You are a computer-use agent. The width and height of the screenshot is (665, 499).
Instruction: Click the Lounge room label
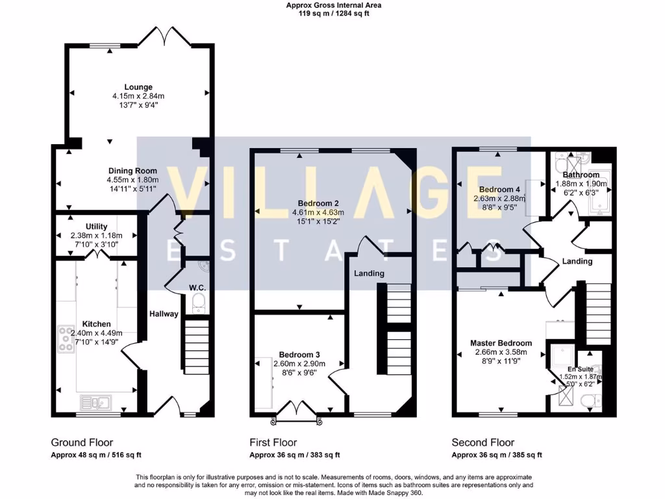[x=138, y=87]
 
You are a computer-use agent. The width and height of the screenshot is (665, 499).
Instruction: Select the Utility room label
[x=96, y=227]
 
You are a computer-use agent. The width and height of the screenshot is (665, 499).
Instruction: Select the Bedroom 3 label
[x=299, y=355]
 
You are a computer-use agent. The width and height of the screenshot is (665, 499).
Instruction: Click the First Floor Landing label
[x=369, y=274]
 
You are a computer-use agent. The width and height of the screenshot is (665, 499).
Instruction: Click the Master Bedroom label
[x=501, y=343]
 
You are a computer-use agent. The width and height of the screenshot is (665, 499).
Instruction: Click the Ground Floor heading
[x=79, y=442]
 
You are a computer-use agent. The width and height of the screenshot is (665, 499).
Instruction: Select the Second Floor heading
[x=483, y=442]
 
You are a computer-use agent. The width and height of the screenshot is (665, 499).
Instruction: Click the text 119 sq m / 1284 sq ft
[x=334, y=12]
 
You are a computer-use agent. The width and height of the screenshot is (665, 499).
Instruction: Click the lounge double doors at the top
[x=165, y=38]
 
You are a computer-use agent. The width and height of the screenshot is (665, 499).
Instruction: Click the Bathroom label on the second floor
[x=581, y=175]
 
